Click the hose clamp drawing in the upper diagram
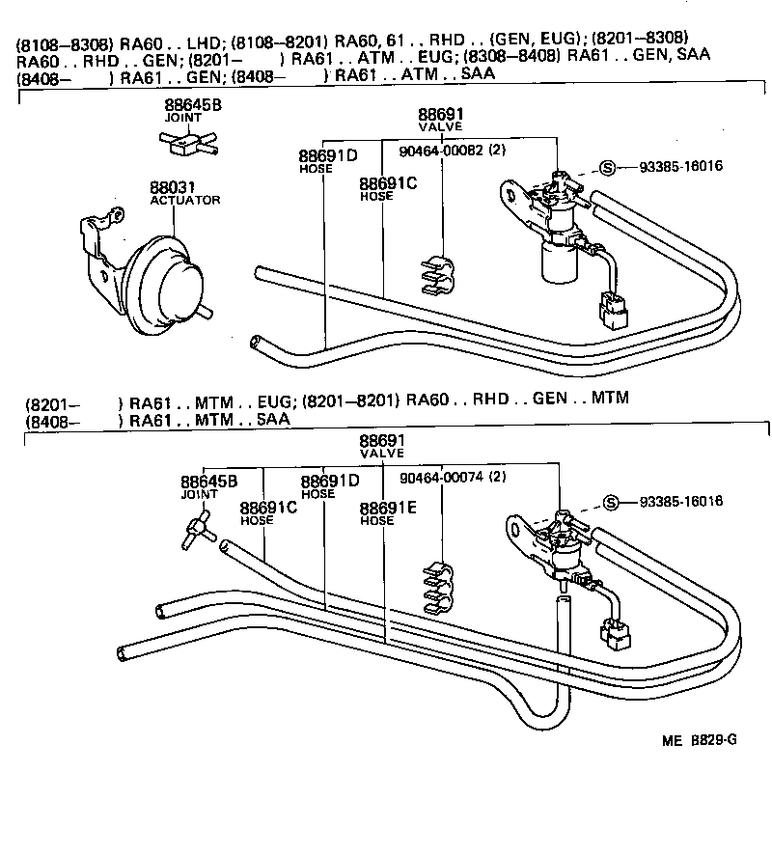pyautogui.click(x=439, y=275)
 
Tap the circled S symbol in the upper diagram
pyautogui.click(x=608, y=166)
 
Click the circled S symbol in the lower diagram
pyautogui.click(x=608, y=502)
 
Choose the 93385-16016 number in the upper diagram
pyautogui.click(x=680, y=166)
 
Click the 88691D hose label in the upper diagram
pyautogui.click(x=327, y=156)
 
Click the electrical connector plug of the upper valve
pyautogui.click(x=612, y=307)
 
